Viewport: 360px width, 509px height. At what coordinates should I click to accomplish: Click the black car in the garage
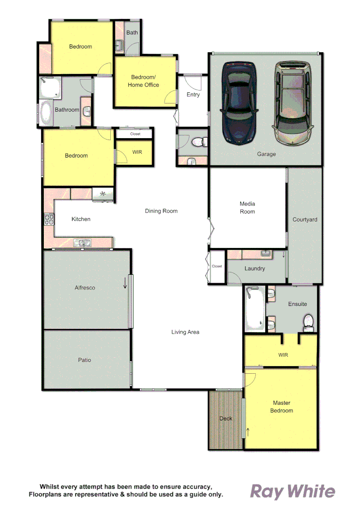[x=239, y=102]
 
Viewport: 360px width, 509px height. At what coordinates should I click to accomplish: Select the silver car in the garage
[x=292, y=103]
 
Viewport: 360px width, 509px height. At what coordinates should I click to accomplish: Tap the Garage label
[x=266, y=154]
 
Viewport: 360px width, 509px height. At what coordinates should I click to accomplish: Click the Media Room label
[x=247, y=207]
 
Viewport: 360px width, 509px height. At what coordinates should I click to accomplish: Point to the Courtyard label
[x=305, y=220]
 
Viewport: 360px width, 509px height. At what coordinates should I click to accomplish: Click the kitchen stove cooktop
[x=49, y=219]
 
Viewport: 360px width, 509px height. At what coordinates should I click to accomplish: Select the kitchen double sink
[x=82, y=243]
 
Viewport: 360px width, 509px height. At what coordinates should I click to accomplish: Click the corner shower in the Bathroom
[x=50, y=87]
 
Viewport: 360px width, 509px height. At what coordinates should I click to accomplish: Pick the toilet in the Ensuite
[x=309, y=321]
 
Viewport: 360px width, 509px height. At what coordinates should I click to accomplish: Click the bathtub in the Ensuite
[x=254, y=308]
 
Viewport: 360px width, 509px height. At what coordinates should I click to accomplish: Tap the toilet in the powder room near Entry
[x=198, y=141]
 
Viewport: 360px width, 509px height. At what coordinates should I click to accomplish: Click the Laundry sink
[x=265, y=254]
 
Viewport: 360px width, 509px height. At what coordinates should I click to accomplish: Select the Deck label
[x=226, y=419]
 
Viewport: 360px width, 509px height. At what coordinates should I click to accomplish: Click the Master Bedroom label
[x=281, y=407]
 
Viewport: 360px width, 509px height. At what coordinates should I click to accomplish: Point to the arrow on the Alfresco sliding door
[x=125, y=283]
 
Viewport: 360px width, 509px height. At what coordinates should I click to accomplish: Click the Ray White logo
[x=292, y=492]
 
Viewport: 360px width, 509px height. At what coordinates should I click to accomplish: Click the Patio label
[x=85, y=360]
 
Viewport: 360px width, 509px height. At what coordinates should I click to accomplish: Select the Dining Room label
[x=161, y=211]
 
